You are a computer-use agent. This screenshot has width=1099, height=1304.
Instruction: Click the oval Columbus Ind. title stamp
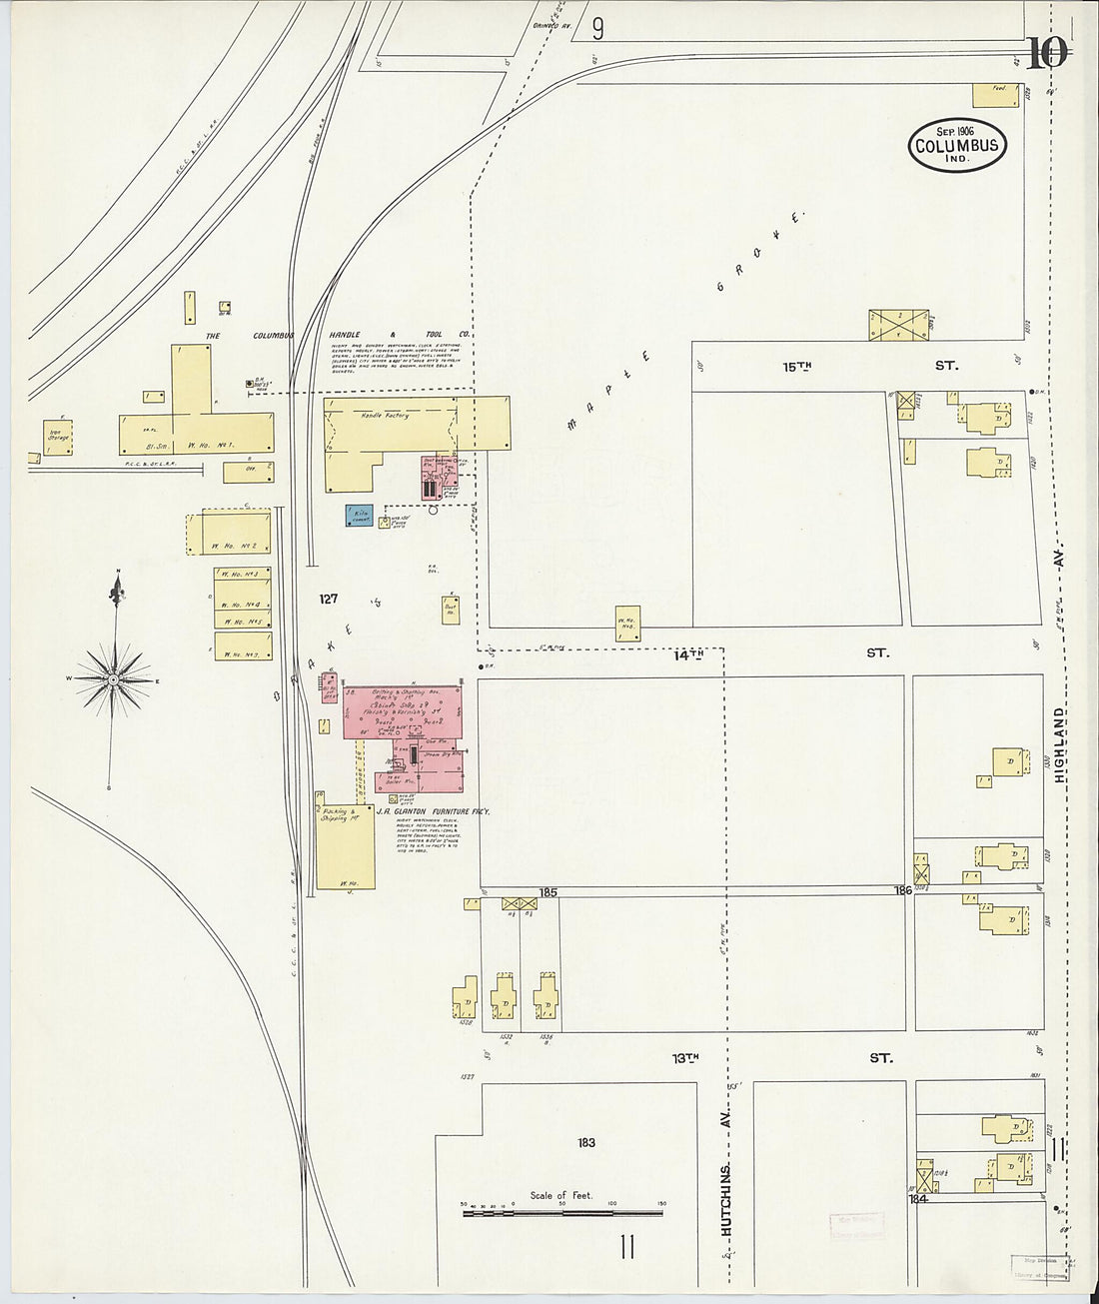(x=956, y=145)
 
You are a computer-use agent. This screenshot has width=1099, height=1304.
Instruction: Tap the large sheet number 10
(x=1045, y=53)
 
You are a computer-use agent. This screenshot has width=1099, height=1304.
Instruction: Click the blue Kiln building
(x=360, y=516)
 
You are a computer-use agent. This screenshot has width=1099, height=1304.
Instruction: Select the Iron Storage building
(x=56, y=437)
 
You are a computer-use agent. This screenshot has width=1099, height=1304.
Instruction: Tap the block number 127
(x=328, y=600)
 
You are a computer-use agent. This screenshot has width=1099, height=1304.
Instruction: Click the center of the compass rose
(x=113, y=679)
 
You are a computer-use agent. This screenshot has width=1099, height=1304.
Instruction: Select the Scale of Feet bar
(x=561, y=1213)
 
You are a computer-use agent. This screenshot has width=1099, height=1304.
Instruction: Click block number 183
(x=586, y=1142)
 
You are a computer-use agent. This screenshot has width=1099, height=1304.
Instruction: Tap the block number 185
(x=548, y=891)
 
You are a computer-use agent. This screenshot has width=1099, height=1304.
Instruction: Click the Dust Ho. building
(x=452, y=609)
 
